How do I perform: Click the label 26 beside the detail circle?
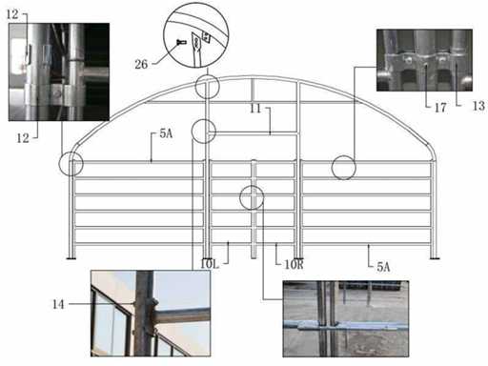pyautogui.click(x=141, y=65)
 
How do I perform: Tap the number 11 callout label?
pyautogui.click(x=255, y=109)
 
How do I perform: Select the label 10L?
pyautogui.click(x=210, y=264)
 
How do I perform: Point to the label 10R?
pyautogui.click(x=294, y=264)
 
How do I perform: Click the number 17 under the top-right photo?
pyautogui.click(x=440, y=108)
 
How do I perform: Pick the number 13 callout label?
pyautogui.click(x=478, y=106)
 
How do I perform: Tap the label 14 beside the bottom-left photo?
pyautogui.click(x=58, y=304)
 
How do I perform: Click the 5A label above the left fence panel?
pyautogui.click(x=166, y=133)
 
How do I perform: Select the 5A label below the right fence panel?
pyautogui.click(x=383, y=267)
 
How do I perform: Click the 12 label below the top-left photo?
pyautogui.click(x=23, y=138)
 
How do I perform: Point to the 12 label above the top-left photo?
pyautogui.click(x=12, y=14)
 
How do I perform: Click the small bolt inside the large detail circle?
pyautogui.click(x=181, y=42)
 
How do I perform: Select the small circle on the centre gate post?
pyautogui.click(x=252, y=186)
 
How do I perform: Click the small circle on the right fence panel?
pyautogui.click(x=343, y=155)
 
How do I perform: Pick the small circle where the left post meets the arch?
pyautogui.click(x=208, y=74)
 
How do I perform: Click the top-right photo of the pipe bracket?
pyautogui.click(x=424, y=60)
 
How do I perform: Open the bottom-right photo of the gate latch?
pyautogui.click(x=346, y=318)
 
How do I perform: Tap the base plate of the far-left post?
pyautogui.click(x=71, y=258)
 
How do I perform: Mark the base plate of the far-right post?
pyautogui.click(x=435, y=258)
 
